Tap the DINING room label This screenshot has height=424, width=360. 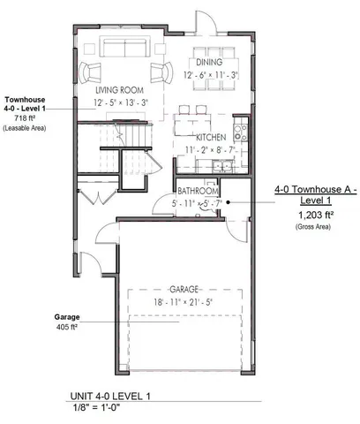pos(209,63)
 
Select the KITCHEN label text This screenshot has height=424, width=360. pos(213,139)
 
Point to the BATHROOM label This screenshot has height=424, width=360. pos(198,192)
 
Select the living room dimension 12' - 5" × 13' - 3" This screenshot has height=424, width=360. pos(121,102)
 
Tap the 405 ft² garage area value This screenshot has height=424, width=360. pos(66,327)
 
